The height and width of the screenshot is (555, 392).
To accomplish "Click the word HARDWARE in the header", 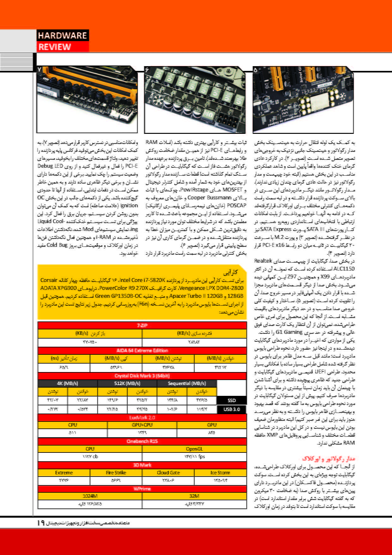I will click(x=62, y=35).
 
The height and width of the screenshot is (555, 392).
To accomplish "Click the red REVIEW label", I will click(x=55, y=47).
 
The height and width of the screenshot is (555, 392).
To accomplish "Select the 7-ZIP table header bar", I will click(x=142, y=326).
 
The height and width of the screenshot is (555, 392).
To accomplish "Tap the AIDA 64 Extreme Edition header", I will click(x=142, y=351).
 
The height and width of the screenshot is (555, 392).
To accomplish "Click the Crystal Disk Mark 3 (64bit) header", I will click(x=142, y=376).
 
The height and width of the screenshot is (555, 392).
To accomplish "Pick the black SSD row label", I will click(x=232, y=400).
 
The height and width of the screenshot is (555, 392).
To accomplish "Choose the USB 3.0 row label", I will click(x=232, y=409).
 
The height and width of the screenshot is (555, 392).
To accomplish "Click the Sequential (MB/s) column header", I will click(x=187, y=384).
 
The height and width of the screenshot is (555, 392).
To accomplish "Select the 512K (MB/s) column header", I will click(x=127, y=384).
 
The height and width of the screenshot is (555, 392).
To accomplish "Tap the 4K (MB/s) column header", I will click(x=67, y=384).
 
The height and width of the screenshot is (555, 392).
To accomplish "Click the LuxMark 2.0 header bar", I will click(x=142, y=418).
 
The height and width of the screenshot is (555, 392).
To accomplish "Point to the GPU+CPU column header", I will click(x=142, y=425).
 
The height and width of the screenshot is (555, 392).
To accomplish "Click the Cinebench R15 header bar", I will click(x=142, y=441).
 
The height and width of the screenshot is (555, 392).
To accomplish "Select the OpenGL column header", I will click(x=194, y=449).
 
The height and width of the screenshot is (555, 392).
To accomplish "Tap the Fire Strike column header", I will click(x=116, y=473).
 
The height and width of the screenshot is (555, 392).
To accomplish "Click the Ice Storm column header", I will click(x=220, y=473).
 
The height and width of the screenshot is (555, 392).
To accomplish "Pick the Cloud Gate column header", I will click(x=168, y=473).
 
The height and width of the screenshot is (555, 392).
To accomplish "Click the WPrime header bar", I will click(x=142, y=489).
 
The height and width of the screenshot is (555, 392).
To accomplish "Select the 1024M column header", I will click(x=90, y=496).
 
